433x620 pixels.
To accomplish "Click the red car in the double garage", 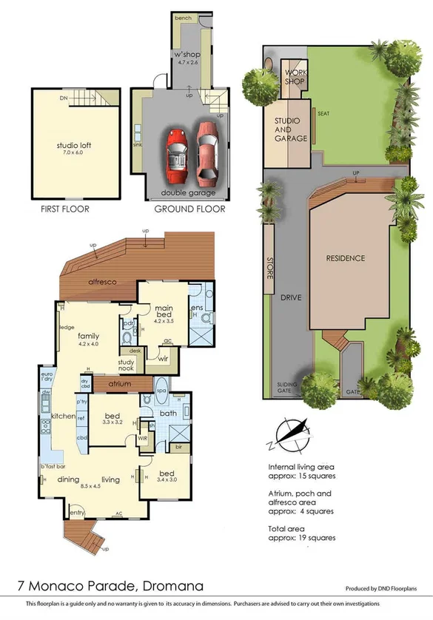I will coord(176,156).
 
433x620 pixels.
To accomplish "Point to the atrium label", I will coord(118,385).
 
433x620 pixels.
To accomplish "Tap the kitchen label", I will coord(62,417).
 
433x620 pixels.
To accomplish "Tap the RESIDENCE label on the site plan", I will coord(346,258).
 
